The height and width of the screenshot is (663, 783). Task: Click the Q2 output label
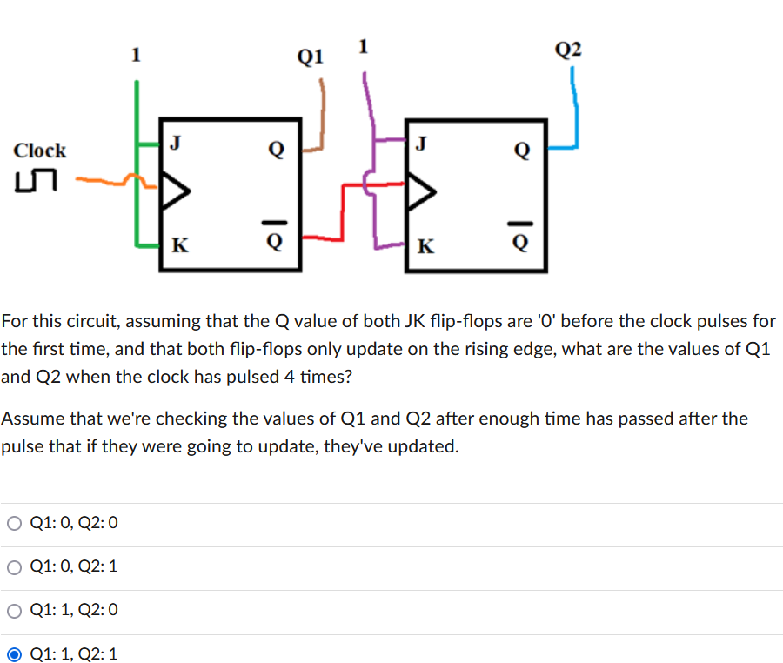(568, 49)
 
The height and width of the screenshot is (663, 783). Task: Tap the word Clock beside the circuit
(40, 150)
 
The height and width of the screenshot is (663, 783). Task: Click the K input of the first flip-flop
(177, 244)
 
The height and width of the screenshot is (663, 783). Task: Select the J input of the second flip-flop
(422, 143)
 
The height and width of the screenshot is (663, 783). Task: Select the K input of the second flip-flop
(425, 244)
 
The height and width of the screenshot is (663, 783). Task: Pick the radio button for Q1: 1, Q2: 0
(15, 610)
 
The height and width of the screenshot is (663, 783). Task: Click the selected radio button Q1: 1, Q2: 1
(15, 653)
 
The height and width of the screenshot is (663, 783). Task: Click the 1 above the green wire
(135, 55)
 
